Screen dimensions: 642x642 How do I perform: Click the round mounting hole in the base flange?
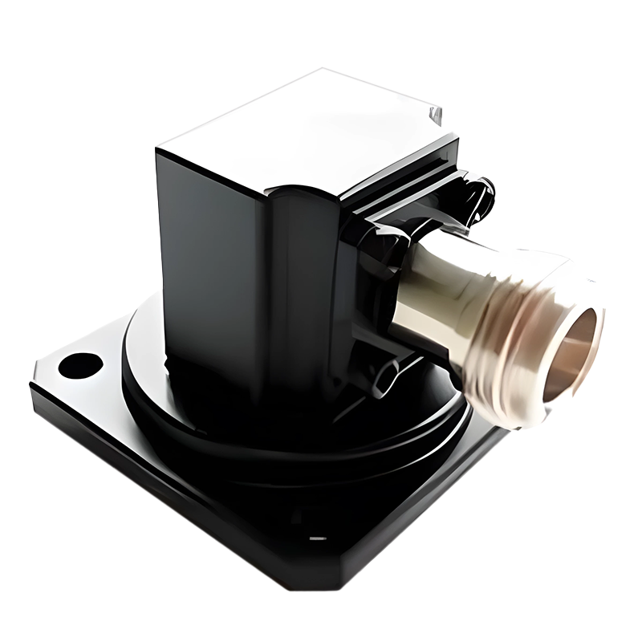(77, 364)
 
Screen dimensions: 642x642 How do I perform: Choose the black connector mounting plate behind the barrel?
(377, 265)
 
